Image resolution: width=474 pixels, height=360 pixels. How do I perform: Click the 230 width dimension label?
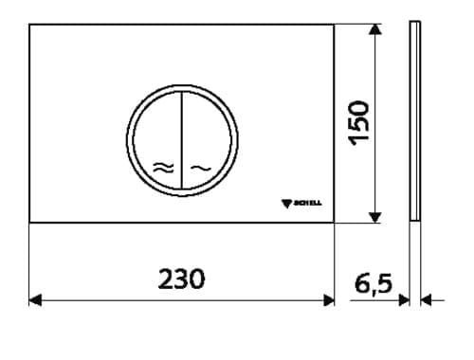pyautogui.click(x=181, y=279)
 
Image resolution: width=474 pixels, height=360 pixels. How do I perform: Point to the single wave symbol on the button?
pyautogui.click(x=200, y=168)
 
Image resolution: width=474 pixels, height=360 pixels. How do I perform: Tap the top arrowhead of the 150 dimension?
pyautogui.click(x=376, y=31)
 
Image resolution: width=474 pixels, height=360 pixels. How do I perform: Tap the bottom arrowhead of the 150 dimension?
pyautogui.click(x=376, y=217)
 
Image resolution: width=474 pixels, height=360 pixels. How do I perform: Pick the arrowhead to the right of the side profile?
pyautogui.click(x=426, y=300)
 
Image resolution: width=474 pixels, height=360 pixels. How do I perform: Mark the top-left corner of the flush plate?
pyautogui.click(x=30, y=25)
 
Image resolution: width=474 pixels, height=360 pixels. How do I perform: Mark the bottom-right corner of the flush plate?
pyautogui.click(x=335, y=223)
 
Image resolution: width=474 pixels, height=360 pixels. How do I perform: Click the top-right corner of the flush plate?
pyautogui.click(x=335, y=25)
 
